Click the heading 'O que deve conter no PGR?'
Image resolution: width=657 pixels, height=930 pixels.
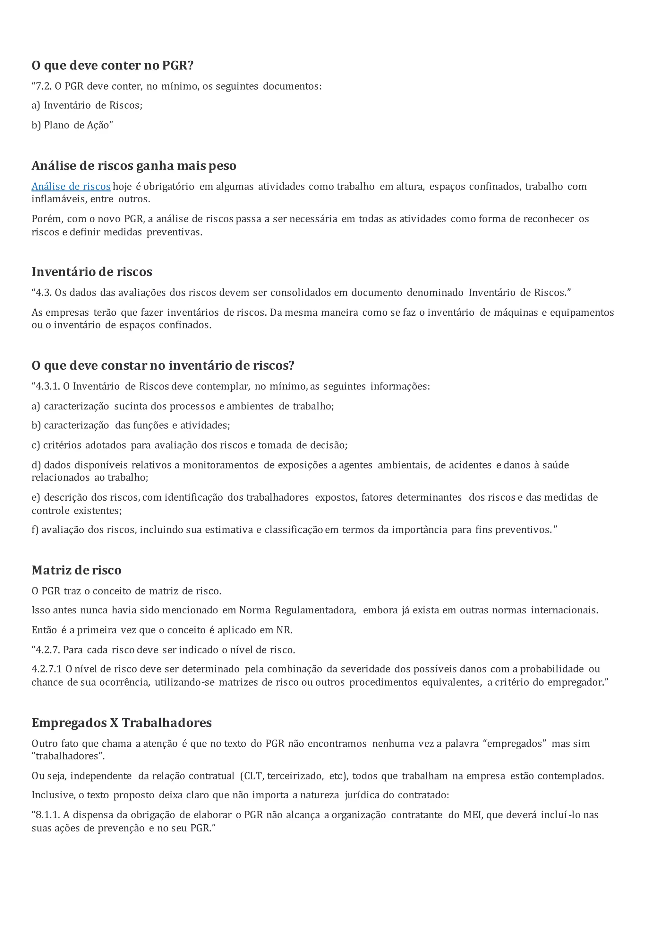click(x=113, y=65)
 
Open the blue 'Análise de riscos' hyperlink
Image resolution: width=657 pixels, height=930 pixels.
click(x=71, y=186)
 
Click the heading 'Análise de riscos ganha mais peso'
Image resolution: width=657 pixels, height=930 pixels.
click(x=134, y=166)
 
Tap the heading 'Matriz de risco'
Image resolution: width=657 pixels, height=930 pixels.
click(x=76, y=570)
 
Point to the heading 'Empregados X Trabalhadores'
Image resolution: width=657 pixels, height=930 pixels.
click(x=121, y=723)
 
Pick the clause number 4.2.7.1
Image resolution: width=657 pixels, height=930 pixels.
click(x=47, y=669)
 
